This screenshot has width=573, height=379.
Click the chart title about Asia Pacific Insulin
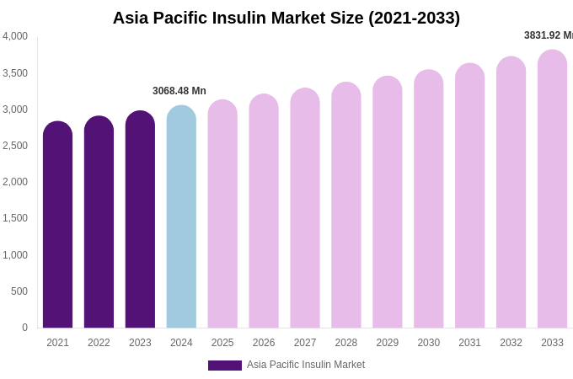pyautogui.click(x=286, y=18)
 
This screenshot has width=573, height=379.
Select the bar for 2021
pyautogui.click(x=57, y=225)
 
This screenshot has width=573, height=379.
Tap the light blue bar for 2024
pyautogui.click(x=181, y=216)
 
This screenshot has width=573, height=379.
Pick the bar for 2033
pyautogui.click(x=552, y=189)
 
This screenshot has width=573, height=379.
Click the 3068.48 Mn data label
pyautogui.click(x=179, y=91)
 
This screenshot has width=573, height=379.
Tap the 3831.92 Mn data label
pyautogui.click(x=549, y=35)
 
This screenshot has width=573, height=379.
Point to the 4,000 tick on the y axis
pyautogui.click(x=15, y=36)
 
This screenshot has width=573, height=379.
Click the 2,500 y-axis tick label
pyautogui.click(x=15, y=146)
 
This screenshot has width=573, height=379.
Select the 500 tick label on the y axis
pyautogui.click(x=19, y=291)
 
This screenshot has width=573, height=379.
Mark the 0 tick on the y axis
pyautogui.click(x=24, y=328)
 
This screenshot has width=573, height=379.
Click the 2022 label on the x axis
pyautogui.click(x=99, y=343)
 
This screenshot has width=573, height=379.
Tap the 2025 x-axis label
pyautogui.click(x=222, y=343)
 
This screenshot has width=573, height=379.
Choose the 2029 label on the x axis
pyautogui.click(x=388, y=343)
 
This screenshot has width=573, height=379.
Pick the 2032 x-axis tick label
pyautogui.click(x=511, y=343)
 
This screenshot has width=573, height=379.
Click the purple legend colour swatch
pyautogui.click(x=225, y=366)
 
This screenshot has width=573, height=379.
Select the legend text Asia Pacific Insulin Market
pyautogui.click(x=306, y=365)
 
